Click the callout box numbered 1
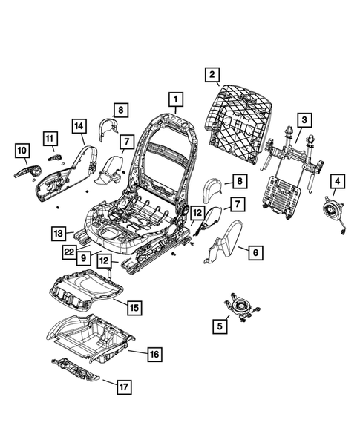click(x=175, y=99)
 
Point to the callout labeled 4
click(x=337, y=180)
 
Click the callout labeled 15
click(x=134, y=306)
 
